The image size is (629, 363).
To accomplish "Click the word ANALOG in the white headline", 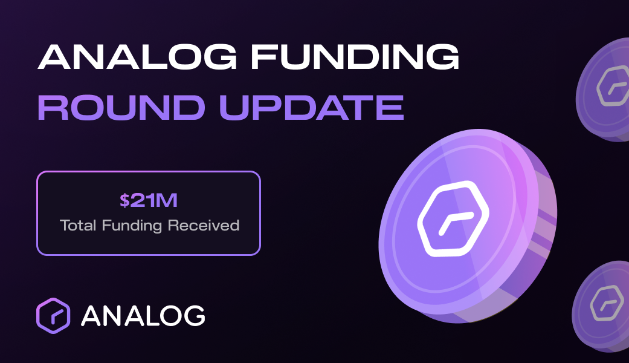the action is click(137, 57).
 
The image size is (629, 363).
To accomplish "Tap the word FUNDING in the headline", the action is click(355, 57).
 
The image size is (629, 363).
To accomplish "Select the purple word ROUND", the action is click(121, 108).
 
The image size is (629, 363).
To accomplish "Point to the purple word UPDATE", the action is click(311, 108).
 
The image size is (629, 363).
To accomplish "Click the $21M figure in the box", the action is click(149, 200).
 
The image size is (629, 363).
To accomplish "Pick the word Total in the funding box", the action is click(78, 225).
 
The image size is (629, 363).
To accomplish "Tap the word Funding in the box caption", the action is click(132, 226).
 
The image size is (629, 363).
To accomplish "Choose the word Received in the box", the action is click(204, 225).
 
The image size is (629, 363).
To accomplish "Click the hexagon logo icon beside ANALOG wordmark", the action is click(53, 316).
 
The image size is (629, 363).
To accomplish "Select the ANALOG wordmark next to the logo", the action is click(143, 316).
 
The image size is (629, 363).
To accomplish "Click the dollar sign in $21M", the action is click(124, 200).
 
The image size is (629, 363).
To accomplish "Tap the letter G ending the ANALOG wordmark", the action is click(193, 316).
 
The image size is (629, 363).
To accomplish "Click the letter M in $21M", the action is click(167, 200).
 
